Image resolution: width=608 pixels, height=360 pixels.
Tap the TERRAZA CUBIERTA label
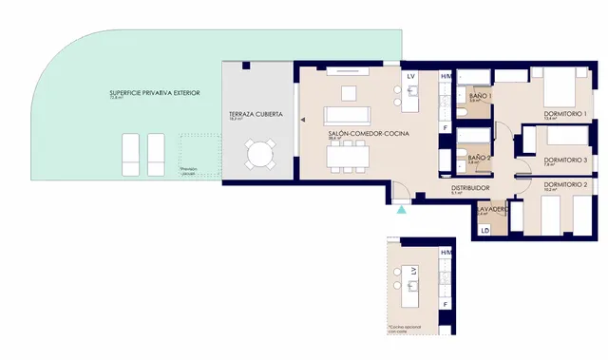(x=255, y=114)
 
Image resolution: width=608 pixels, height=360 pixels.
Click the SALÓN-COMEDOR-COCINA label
(x=368, y=134)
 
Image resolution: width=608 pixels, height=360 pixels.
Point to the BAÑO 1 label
(x=481, y=96)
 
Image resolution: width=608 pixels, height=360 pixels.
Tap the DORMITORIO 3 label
(x=566, y=161)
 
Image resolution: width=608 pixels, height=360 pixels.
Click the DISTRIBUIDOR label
(x=471, y=188)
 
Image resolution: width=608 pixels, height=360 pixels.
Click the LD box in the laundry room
(x=485, y=231)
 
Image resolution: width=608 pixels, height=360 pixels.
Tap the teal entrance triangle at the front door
(x=402, y=208)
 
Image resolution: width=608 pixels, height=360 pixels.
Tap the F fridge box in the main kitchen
(x=445, y=126)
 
